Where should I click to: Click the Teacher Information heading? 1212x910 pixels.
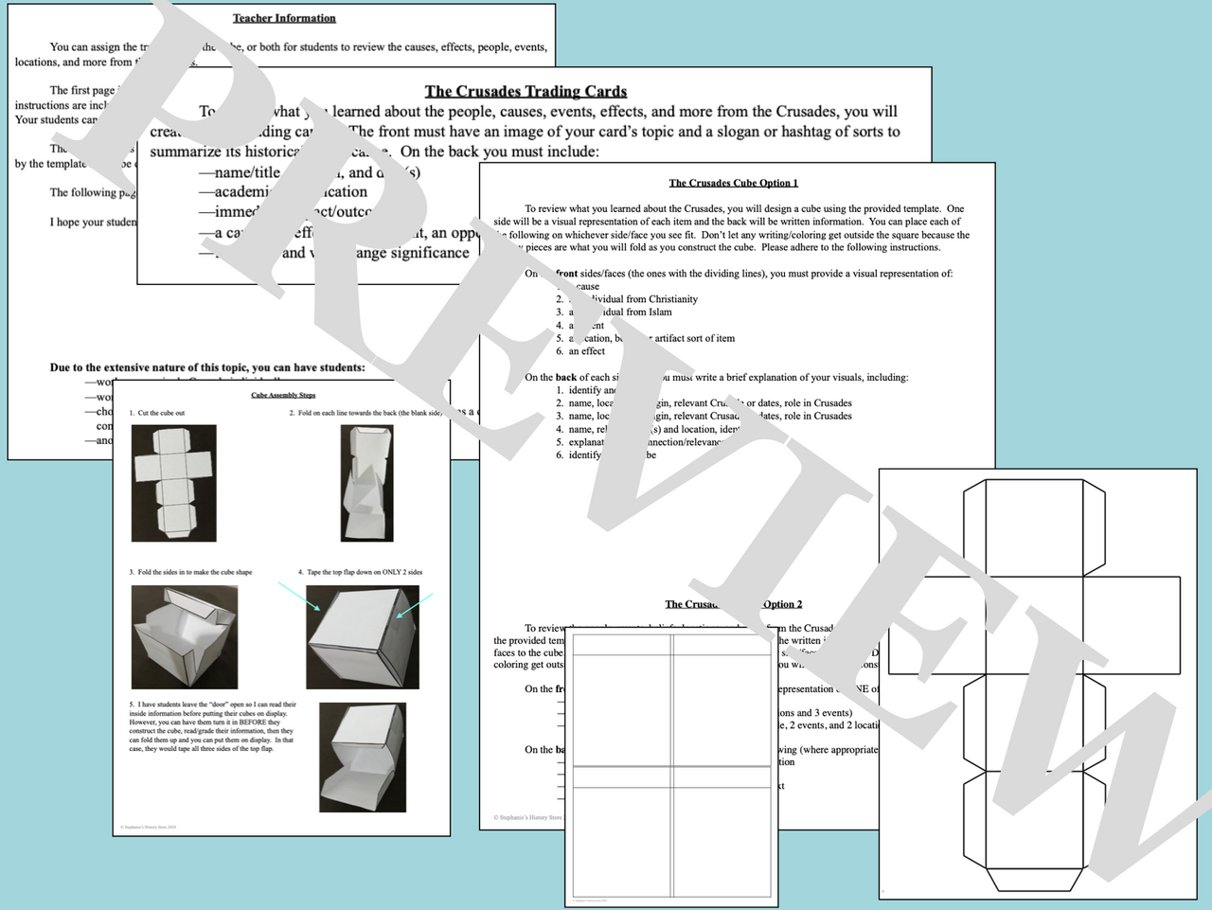pos(284,18)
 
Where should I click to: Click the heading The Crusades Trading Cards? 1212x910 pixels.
pos(526,91)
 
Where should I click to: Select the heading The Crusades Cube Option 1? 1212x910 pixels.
pos(733,183)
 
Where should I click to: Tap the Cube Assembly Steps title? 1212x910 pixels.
pos(283,395)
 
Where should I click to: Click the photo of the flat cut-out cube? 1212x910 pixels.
pos(173,483)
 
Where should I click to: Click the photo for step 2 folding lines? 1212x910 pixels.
pos(366,483)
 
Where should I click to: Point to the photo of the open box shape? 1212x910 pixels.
pos(184,636)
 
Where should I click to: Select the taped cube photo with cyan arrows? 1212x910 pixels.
pos(363,637)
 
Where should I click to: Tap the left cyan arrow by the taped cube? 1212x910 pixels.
pos(299,597)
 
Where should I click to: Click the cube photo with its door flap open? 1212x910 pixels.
pos(363,758)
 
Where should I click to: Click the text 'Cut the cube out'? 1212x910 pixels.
pos(161,413)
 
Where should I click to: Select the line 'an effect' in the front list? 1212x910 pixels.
pos(586,351)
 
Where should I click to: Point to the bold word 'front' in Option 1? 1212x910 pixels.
pos(566,274)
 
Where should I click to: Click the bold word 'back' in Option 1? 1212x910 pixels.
pos(565,377)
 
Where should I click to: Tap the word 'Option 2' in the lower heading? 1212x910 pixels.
pos(782,604)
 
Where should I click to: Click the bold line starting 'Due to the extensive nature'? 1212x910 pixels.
pos(207,367)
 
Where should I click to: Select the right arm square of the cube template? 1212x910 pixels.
pos(1132,625)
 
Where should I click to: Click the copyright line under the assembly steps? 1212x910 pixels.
pos(149,827)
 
